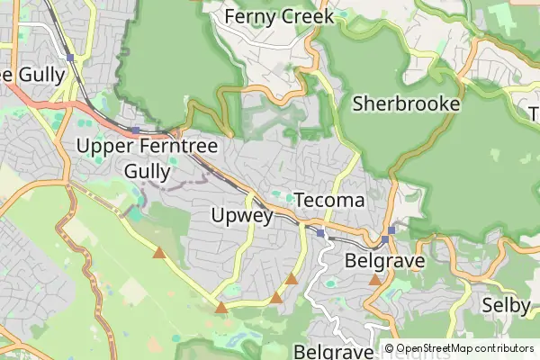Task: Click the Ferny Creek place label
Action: coord(279,16)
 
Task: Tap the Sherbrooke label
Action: coord(406,103)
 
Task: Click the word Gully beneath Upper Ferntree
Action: coord(146,170)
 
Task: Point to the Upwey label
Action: coord(241,215)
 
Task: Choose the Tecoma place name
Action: coord(329,200)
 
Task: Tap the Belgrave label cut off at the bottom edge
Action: coord(333,350)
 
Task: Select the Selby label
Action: coord(506,305)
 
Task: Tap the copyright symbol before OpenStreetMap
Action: coord(389,348)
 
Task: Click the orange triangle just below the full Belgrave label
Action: coord(375,280)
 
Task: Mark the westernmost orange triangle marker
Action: coord(159,253)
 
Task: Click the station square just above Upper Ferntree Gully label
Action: coord(135,130)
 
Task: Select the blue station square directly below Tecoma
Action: coord(320,233)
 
